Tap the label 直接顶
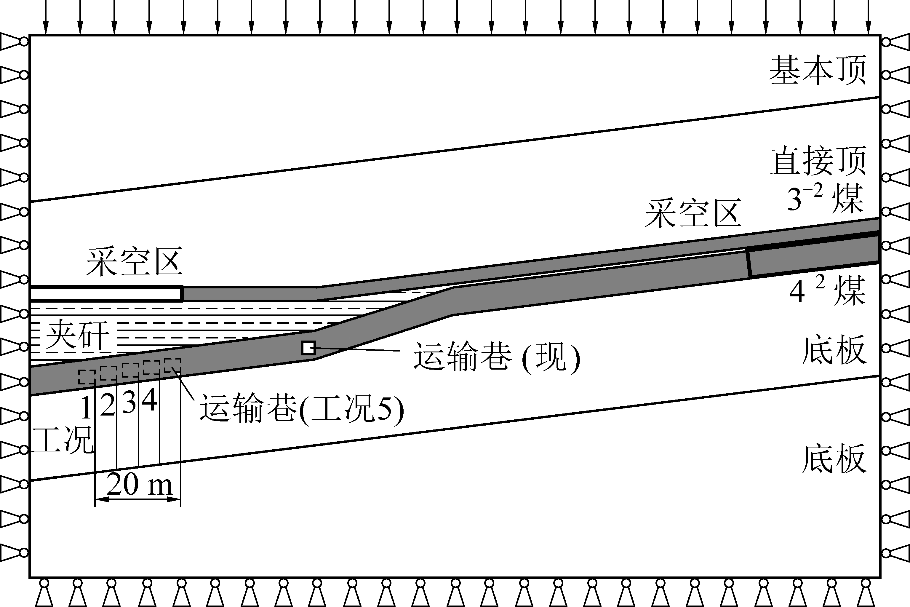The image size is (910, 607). point(818,161)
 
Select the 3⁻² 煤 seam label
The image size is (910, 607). point(824,199)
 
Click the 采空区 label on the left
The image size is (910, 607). point(134,262)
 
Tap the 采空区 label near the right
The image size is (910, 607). point(693,213)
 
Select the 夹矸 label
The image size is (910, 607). point(77,335)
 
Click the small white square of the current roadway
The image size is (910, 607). point(308,348)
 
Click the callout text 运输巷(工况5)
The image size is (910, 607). point(302,408)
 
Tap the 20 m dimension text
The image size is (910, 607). point(139,484)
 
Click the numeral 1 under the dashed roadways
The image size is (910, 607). point(86,408)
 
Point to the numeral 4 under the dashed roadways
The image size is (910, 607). point(149,400)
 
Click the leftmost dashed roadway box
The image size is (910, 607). point(87,377)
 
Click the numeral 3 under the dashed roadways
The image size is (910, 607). point(129,402)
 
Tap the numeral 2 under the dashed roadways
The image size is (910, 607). point(108,406)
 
